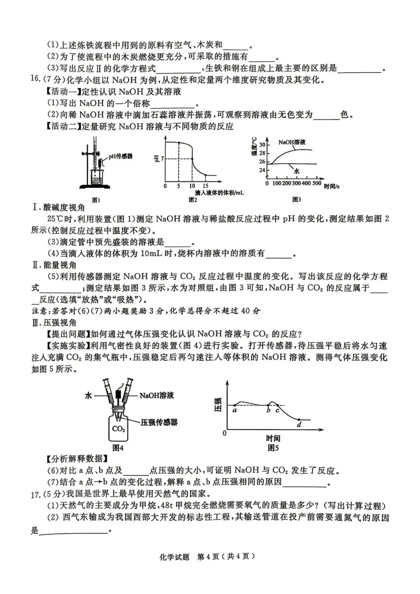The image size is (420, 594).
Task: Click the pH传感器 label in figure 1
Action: tap(120, 156)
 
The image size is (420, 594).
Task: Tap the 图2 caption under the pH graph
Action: tap(193, 200)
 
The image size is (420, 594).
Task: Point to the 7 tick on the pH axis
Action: tap(162, 158)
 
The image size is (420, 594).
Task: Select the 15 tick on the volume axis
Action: tap(205, 186)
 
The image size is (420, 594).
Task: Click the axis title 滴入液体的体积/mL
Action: tap(219, 193)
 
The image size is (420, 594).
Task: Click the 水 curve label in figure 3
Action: tap(297, 171)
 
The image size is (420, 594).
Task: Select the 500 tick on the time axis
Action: tap(317, 183)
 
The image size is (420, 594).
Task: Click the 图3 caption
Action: tap(296, 200)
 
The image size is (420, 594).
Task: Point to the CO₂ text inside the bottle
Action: tap(118, 429)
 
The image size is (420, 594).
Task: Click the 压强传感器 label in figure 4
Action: tap(159, 422)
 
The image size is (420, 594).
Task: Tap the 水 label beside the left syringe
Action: tap(89, 396)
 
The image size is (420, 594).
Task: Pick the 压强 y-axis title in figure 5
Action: tap(218, 405)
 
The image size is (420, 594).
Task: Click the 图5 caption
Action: tap(273, 448)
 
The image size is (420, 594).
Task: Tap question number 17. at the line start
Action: tap(36, 494)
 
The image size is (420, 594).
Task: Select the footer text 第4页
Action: tap(208, 557)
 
